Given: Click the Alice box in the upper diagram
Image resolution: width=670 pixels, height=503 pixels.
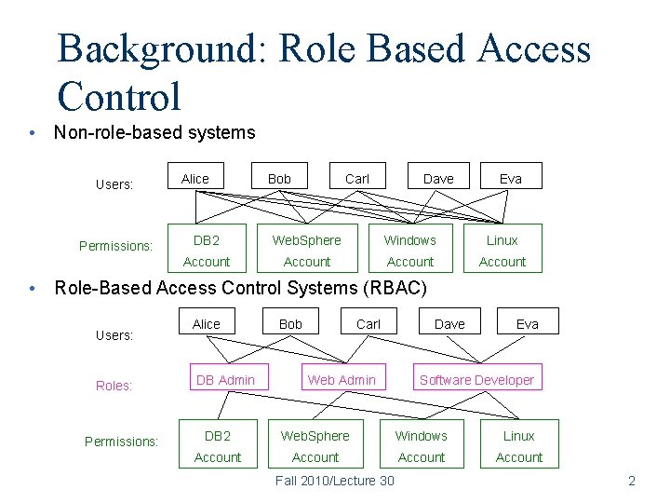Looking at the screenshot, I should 195,178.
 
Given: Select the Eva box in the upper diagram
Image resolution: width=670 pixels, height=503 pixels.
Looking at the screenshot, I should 510,178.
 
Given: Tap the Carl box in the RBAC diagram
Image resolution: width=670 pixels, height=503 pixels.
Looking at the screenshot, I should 368,323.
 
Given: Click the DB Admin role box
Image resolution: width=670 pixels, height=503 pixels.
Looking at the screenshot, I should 225,379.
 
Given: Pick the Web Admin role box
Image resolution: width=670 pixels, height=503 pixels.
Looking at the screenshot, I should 342,379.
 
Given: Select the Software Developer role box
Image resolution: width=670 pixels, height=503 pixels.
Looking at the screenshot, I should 476,379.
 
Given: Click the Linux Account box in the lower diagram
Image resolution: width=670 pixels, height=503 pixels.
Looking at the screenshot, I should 518,446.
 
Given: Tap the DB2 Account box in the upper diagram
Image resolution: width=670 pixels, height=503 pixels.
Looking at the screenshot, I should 207,251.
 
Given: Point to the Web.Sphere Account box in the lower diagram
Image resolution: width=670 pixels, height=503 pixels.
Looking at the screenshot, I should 315,446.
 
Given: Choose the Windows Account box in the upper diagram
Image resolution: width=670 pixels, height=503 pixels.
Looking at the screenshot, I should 410,251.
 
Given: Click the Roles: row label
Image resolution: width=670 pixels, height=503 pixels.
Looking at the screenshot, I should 114,386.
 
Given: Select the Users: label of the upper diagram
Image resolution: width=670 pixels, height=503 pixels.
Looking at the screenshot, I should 114,184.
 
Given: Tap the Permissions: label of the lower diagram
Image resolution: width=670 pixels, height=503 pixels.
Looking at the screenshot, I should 121,442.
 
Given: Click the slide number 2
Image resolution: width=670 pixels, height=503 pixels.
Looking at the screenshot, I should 632,481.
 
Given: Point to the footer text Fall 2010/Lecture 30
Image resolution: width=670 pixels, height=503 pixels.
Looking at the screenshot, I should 335,481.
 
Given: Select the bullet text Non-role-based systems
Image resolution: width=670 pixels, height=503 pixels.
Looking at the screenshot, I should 154,132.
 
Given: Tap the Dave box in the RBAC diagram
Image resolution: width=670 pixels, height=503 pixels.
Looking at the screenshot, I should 449,323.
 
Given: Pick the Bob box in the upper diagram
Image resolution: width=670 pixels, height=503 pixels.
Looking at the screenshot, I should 279,178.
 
